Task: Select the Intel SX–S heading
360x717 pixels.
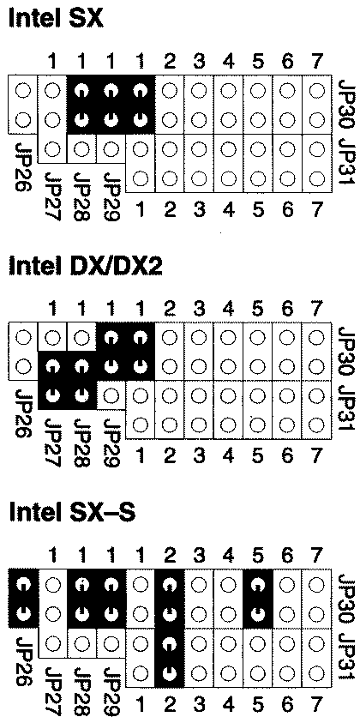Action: coord(72,513)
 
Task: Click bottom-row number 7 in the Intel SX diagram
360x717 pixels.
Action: coord(316,209)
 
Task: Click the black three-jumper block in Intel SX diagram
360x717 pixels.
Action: coord(111,105)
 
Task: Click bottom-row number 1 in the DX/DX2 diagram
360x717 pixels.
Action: coord(141,455)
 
